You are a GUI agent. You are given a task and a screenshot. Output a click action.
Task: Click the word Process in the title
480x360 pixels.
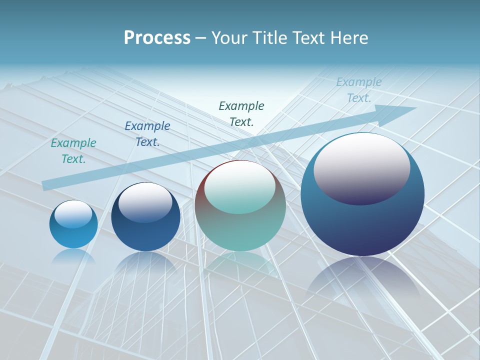(157, 38)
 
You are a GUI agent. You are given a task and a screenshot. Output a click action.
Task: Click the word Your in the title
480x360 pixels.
(229, 38)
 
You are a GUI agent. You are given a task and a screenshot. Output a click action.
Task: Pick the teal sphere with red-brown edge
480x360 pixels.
(240, 230)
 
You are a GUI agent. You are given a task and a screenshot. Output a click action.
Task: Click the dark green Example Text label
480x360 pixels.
(241, 113)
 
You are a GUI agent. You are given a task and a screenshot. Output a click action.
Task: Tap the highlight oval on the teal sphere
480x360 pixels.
(239, 187)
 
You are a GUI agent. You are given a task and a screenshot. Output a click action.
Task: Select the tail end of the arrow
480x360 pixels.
(46, 185)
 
